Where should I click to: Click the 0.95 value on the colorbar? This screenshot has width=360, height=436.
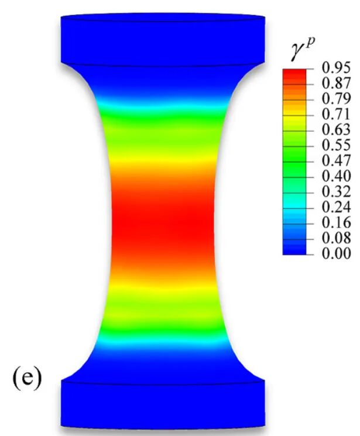click(x=336, y=67)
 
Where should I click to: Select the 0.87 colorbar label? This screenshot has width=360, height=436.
click(x=336, y=83)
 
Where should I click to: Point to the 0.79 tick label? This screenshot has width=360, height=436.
click(x=336, y=98)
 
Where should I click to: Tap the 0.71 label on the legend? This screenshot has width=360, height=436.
click(x=336, y=114)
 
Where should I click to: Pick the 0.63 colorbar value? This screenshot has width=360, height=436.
click(x=336, y=129)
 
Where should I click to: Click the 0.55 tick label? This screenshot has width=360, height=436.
click(x=336, y=145)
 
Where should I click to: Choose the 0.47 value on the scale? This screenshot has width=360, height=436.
click(x=336, y=160)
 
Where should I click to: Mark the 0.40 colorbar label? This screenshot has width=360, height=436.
click(x=336, y=176)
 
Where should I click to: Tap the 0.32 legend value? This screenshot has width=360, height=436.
click(x=336, y=191)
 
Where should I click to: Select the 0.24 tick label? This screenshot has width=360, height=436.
click(x=336, y=207)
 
